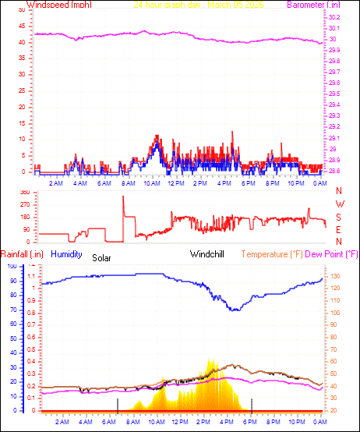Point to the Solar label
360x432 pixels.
pos(101,257)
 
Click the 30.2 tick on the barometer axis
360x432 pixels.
pos(334,17)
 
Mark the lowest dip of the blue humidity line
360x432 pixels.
pos(235,310)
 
